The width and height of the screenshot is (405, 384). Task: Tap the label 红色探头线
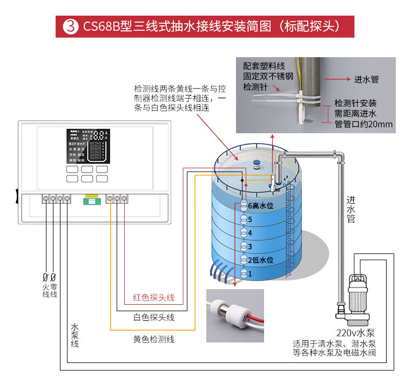(154, 298)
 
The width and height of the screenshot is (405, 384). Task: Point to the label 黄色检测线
(154, 339)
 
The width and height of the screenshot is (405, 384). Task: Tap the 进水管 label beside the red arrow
(366, 80)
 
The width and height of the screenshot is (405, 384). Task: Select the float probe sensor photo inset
(235, 316)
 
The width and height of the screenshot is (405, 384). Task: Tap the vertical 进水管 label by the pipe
(351, 209)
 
